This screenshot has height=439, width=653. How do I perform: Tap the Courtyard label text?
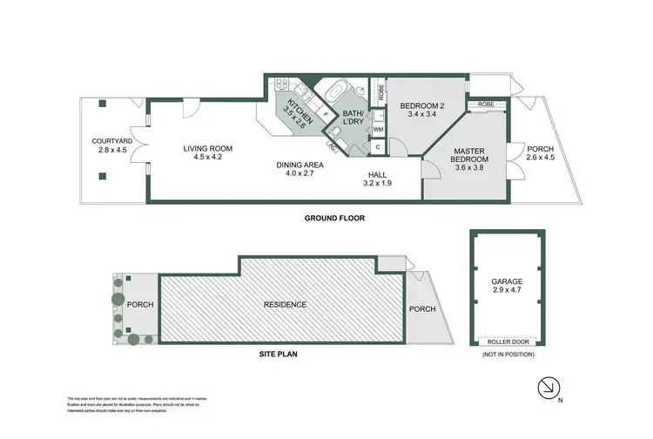[111, 145]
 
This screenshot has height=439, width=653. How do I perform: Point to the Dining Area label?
[300, 168]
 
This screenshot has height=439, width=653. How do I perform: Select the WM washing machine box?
[378, 130]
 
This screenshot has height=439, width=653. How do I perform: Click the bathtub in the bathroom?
[334, 91]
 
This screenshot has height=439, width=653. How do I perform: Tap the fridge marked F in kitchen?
[325, 114]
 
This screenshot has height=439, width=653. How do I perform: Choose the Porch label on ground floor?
[539, 153]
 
